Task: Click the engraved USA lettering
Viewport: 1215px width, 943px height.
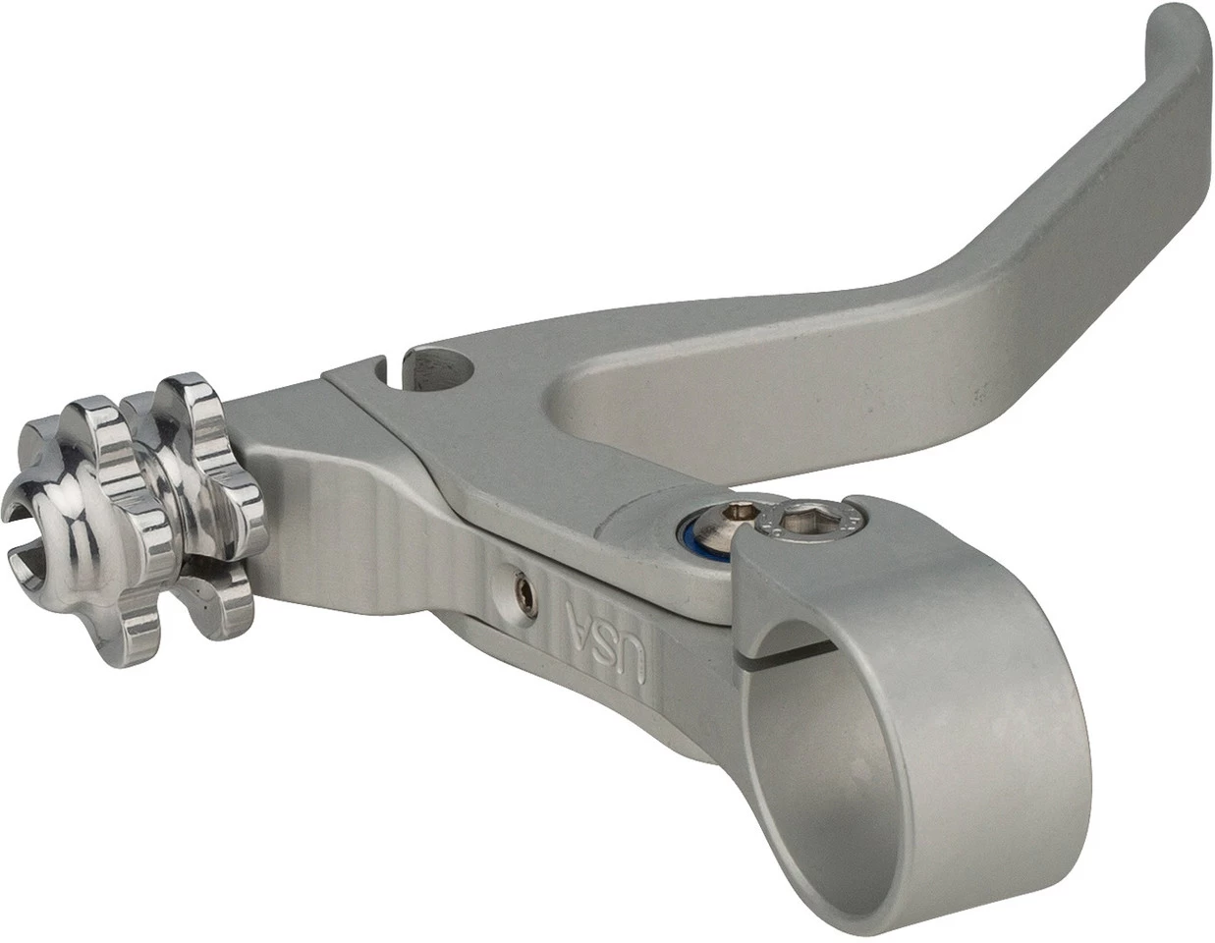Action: click(606, 638)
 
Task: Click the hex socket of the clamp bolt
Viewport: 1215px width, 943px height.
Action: click(800, 525)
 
